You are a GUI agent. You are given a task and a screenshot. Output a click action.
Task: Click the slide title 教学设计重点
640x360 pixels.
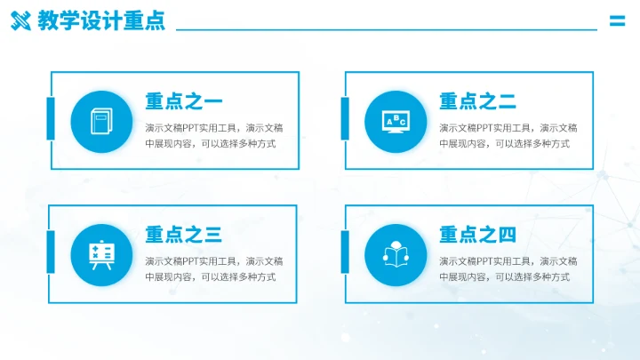point(101,21)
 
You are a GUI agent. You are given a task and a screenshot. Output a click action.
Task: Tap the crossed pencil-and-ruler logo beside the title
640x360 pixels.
point(20,21)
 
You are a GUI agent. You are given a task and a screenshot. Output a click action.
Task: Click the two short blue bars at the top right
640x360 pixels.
point(617,22)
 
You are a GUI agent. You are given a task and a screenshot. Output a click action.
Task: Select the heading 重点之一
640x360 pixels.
point(184,101)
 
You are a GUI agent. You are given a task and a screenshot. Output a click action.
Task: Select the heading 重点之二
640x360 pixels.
point(478,101)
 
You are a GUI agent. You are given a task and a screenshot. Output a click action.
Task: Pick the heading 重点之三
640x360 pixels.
point(184,235)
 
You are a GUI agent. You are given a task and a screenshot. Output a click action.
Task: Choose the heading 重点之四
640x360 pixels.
point(478,235)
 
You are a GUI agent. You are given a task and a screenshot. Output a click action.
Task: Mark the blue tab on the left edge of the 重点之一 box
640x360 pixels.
point(51,119)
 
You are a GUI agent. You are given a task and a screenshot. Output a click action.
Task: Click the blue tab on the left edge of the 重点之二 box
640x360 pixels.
point(345,119)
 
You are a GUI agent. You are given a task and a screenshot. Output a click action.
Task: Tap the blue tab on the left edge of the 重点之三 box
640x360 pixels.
point(51,252)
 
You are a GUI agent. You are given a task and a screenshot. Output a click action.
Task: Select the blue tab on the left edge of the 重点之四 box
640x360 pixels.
point(345,252)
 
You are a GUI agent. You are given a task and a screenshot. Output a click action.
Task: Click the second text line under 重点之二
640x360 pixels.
point(504,144)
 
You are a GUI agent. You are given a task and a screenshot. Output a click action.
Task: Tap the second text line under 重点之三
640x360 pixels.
point(210,277)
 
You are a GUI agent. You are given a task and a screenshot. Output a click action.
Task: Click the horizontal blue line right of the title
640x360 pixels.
point(387,29)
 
